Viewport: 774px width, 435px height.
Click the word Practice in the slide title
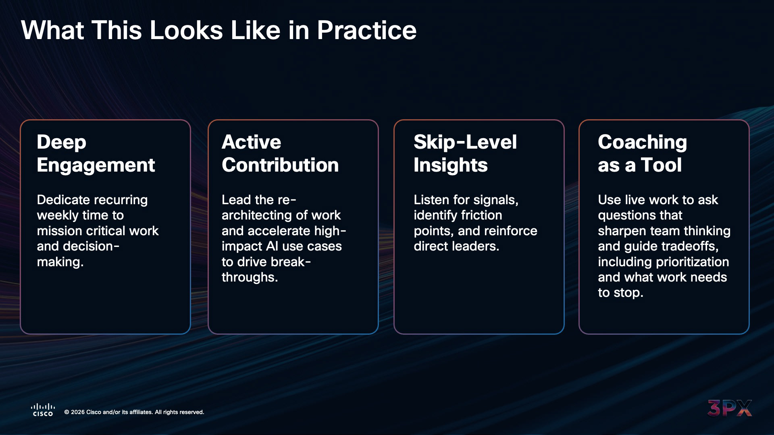click(366, 31)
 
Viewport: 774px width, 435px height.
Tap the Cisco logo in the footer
click(43, 410)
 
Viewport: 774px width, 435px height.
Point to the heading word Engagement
click(96, 166)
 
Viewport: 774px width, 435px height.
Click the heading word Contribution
click(280, 165)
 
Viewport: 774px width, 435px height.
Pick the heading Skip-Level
click(465, 142)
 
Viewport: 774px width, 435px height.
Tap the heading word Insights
click(451, 166)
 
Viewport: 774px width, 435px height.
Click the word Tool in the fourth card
click(661, 165)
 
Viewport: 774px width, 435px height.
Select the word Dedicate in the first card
click(63, 200)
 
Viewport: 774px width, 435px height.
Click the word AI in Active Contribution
click(273, 246)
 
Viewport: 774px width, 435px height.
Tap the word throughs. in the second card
click(250, 278)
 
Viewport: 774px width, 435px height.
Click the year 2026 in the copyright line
click(78, 412)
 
